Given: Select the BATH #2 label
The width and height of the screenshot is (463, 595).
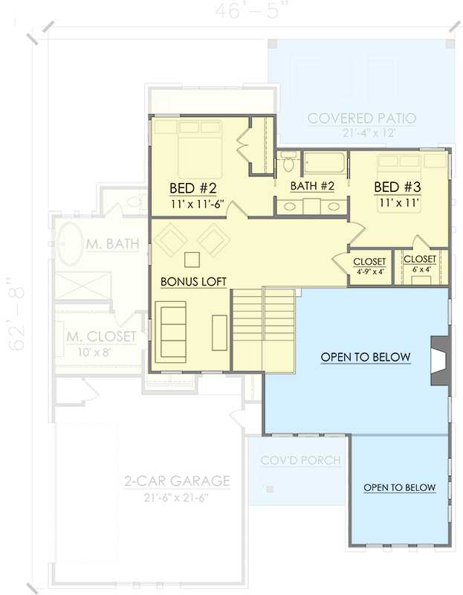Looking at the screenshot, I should [312, 186].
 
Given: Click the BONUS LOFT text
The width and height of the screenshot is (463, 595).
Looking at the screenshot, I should [193, 282].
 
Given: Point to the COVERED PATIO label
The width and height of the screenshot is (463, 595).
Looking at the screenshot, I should [362, 118].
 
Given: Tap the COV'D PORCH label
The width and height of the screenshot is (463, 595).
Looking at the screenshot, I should [300, 460].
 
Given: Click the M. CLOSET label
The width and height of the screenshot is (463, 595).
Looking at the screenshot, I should [100, 337].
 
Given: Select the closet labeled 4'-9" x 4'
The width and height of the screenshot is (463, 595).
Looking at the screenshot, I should [369, 266].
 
